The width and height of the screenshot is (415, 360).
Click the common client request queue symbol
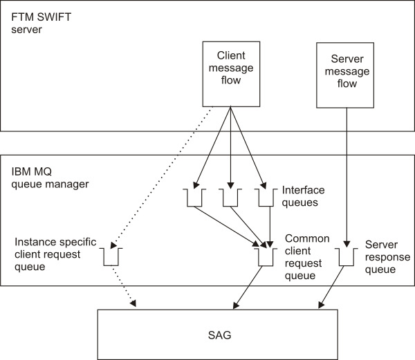point(264,257)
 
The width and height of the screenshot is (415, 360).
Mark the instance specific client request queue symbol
point(112,257)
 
